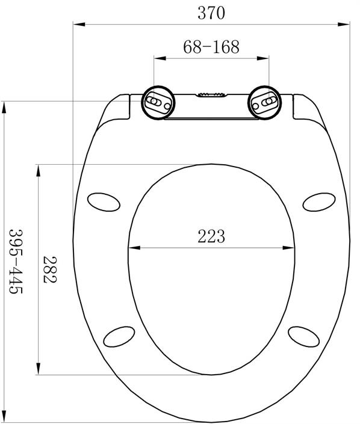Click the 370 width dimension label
(x=211, y=13)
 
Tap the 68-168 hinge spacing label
(x=211, y=47)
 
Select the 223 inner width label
(x=211, y=236)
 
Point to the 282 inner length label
(x=50, y=269)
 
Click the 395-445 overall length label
(x=16, y=262)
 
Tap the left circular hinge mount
(x=158, y=103)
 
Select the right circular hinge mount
(x=265, y=103)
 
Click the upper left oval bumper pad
(x=104, y=202)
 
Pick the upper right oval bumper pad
(x=319, y=202)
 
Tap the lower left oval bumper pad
(x=119, y=337)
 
